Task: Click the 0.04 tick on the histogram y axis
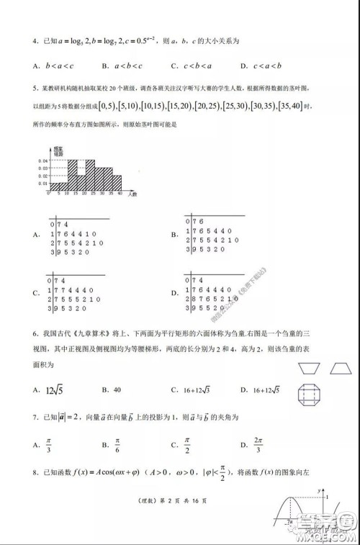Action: click(42, 160)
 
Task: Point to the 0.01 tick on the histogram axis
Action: click(42, 184)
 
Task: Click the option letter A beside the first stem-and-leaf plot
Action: click(35, 235)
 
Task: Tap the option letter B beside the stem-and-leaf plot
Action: click(174, 234)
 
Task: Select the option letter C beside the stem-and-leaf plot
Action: click(35, 293)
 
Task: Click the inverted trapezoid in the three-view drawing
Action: click(309, 368)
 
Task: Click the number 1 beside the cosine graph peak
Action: click(326, 497)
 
